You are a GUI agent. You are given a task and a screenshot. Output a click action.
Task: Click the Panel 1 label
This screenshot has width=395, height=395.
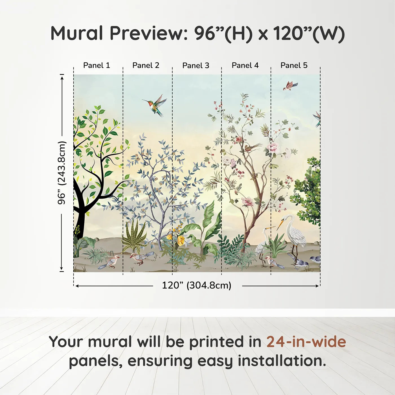tap(96, 65)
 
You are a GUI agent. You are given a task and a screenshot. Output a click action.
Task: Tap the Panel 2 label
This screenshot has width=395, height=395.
tap(146, 65)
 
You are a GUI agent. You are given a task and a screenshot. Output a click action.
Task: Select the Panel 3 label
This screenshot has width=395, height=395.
tap(196, 65)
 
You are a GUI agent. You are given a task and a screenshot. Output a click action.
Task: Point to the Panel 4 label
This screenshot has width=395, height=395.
tap(245, 65)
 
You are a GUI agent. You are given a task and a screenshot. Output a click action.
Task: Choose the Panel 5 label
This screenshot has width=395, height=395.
tap(294, 65)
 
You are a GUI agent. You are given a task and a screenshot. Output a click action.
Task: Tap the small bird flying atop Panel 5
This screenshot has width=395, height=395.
tap(290, 86)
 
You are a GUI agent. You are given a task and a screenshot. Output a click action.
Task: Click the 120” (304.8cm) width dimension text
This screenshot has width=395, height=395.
tap(197, 285)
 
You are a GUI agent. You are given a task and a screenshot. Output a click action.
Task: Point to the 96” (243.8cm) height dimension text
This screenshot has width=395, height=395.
tap(62, 173)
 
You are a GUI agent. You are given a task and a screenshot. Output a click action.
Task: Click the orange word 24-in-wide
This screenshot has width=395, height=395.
tap(306, 342)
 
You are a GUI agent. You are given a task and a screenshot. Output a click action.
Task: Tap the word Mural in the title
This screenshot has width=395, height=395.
tap(77, 33)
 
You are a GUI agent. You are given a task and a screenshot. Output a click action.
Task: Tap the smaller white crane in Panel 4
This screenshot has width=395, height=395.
tap(263, 244)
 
